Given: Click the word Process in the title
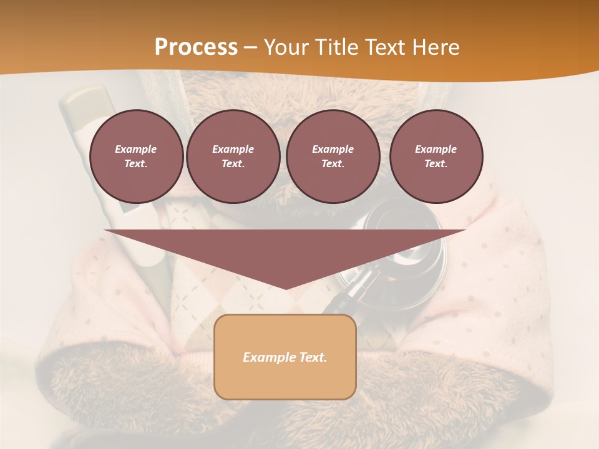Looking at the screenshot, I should coord(196,47).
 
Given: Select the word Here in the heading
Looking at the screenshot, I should coord(436,47).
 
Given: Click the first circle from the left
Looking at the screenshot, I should coord(136,157).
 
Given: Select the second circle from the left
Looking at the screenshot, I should coord(233,157).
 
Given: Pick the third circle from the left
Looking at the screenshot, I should coord(333,157).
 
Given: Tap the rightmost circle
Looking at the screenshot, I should coord(436,157).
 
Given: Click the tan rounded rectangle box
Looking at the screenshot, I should coord(285,357).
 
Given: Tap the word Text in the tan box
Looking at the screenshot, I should coord(313,357).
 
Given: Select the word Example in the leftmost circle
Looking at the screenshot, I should coord(136,149).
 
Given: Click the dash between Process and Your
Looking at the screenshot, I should coord(250,47).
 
